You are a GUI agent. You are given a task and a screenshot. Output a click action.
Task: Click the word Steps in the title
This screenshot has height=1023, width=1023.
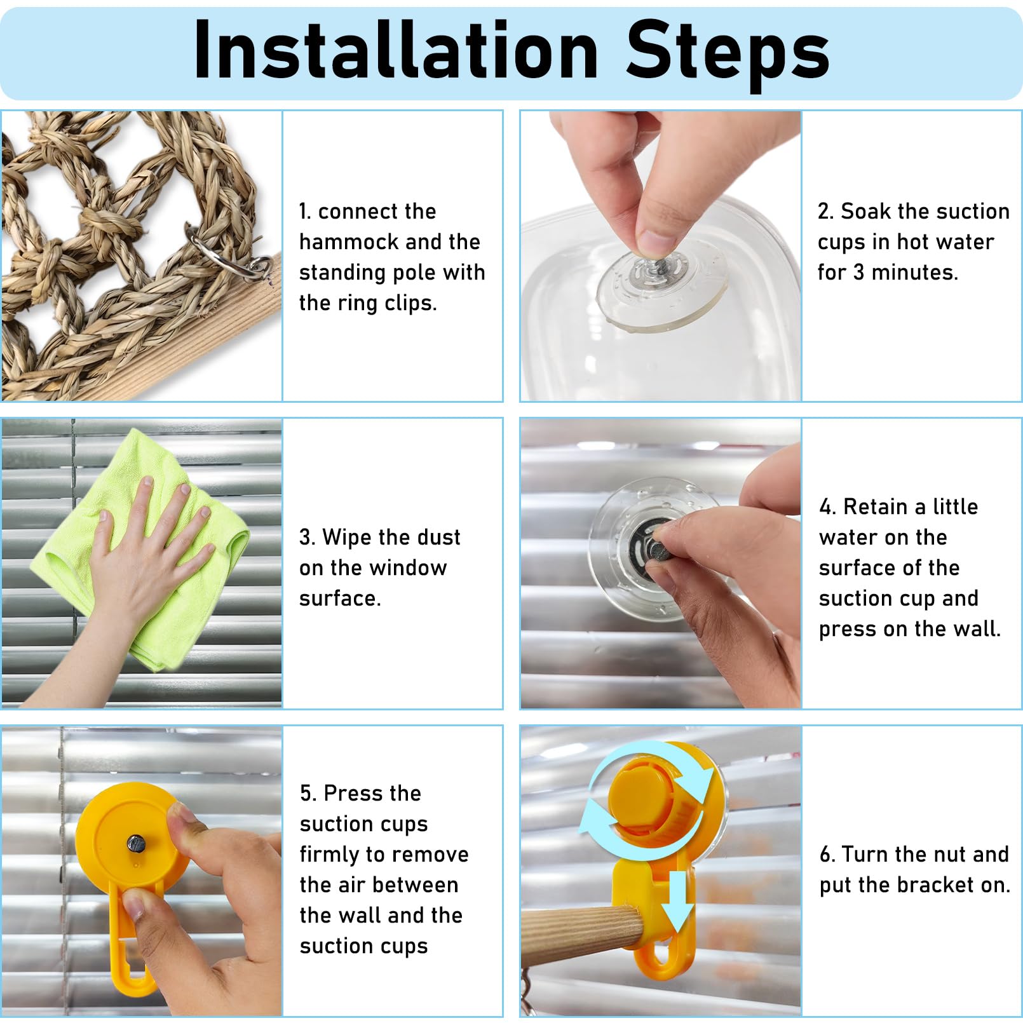tap(728, 55)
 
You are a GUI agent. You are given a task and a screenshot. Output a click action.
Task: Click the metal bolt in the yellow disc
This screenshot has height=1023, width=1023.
tap(136, 844)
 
